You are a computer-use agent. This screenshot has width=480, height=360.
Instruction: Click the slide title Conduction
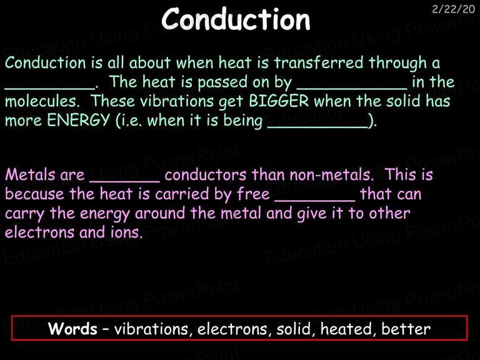coord(236,19)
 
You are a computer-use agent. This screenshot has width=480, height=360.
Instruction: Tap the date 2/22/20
coord(453,9)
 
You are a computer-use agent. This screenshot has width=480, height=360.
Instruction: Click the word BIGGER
coord(279,101)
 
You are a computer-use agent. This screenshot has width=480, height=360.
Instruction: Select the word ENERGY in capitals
coord(78,120)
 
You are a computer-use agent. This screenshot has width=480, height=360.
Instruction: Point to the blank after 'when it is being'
coord(317,127)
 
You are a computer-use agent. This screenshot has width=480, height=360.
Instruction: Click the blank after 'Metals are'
coord(124,181)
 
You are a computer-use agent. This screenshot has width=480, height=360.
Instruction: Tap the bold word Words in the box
coord(72,329)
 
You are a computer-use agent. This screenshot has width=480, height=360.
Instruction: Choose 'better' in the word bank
coord(406,329)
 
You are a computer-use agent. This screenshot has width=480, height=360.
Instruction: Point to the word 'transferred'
coord(318,62)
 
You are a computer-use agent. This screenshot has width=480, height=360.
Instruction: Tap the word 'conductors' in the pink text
coord(206,175)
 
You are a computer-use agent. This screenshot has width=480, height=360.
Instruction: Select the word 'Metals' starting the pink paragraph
coord(30,175)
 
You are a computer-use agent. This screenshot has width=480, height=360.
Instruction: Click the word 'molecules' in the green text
coord(42,101)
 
